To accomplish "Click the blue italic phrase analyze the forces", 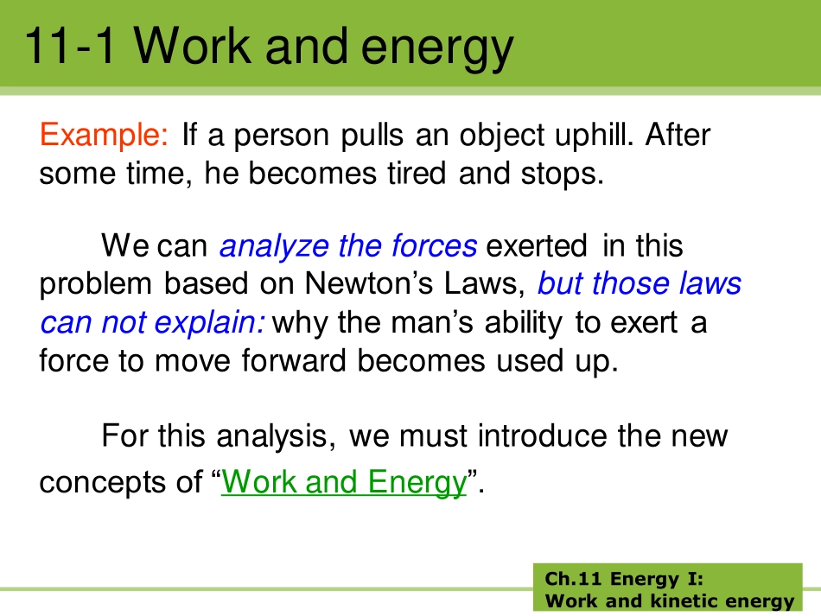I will pos(347,247).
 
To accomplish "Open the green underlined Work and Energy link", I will pos(343,481).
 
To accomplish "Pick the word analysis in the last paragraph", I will pos(276,436).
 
